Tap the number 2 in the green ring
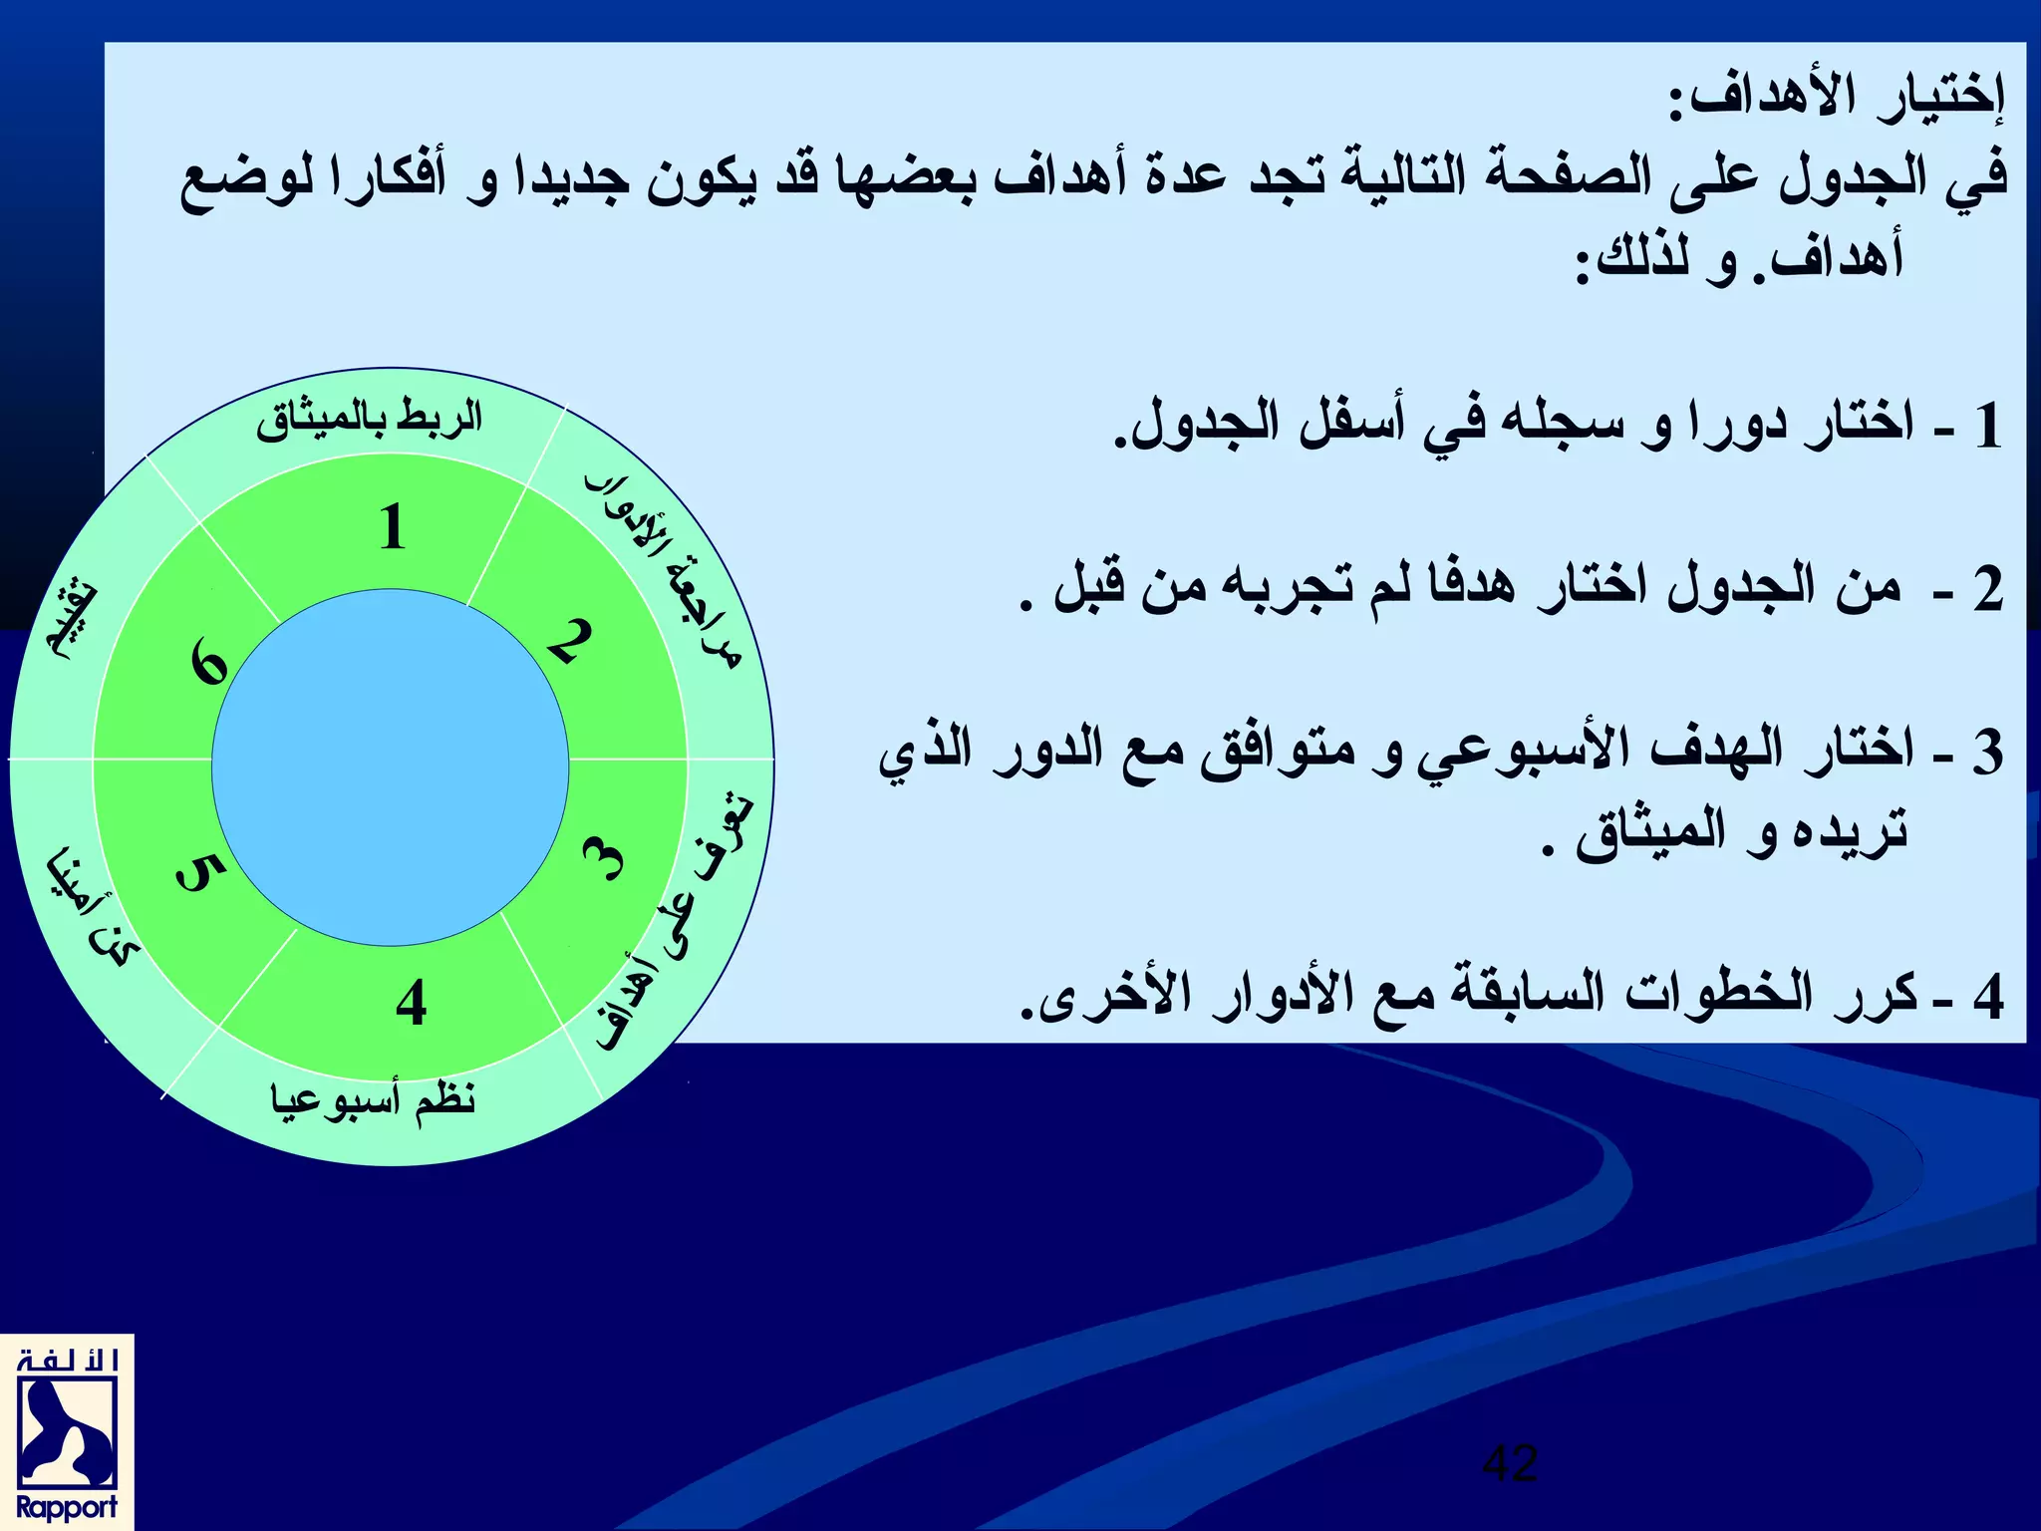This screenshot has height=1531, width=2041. tap(571, 641)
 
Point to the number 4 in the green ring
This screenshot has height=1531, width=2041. tap(411, 1003)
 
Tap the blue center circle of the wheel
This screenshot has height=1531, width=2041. tap(391, 767)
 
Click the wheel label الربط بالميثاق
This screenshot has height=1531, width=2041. tap(369, 419)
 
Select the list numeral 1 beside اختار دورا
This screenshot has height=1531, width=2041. tap(1987, 426)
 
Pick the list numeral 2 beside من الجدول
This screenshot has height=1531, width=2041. tap(1987, 588)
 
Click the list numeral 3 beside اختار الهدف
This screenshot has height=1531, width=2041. tap(1987, 752)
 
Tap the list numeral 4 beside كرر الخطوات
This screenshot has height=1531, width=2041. tap(1987, 996)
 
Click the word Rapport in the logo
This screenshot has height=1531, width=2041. tap(67, 1506)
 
